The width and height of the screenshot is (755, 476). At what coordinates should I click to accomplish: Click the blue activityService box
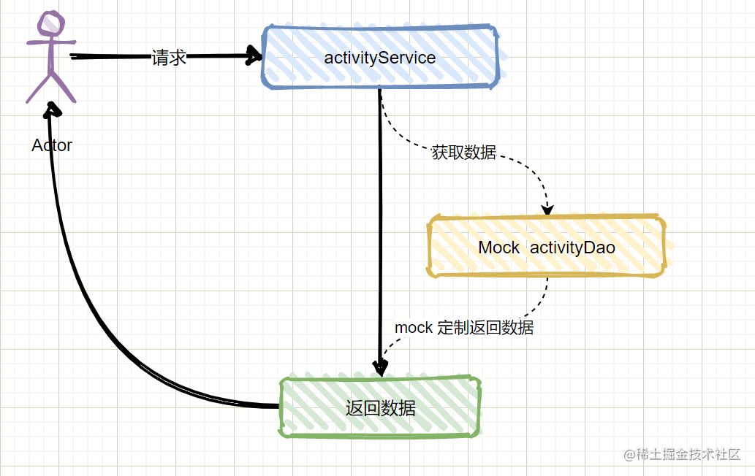[380, 58]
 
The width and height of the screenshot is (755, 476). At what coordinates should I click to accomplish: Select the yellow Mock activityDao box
[547, 247]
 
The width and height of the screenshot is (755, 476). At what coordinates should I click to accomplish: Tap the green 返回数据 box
[380, 407]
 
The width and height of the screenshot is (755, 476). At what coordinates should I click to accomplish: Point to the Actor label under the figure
[52, 145]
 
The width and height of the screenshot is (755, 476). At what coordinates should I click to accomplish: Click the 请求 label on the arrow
[169, 58]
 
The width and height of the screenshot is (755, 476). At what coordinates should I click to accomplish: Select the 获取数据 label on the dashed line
[463, 153]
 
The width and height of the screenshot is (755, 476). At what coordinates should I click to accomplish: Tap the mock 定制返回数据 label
[464, 328]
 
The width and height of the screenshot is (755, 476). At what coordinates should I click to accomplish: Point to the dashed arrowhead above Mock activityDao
[547, 209]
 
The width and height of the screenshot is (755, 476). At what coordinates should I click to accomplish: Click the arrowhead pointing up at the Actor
[52, 110]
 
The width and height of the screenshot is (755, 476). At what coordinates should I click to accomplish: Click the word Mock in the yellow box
[498, 247]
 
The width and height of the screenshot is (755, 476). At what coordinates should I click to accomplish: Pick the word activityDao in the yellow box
[572, 247]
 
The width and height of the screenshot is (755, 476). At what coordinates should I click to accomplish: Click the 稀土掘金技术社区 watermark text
[688, 454]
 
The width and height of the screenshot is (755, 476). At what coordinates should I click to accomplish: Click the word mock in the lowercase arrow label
[414, 328]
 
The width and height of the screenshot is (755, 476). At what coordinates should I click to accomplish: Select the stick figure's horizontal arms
[50, 42]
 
